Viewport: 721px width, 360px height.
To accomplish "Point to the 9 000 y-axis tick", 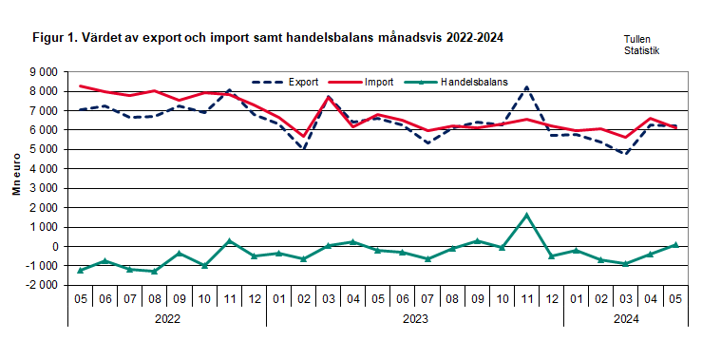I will [x=42, y=71].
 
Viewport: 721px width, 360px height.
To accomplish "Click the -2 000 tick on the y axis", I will [x=40, y=285].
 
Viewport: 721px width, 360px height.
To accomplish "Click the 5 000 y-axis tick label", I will [x=42, y=149].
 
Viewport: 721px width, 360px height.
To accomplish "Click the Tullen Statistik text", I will [x=641, y=45].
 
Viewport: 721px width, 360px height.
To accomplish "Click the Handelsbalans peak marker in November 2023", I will [x=526, y=215].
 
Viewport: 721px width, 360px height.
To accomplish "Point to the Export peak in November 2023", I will [x=526, y=87].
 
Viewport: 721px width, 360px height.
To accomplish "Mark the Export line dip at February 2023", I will [x=304, y=148].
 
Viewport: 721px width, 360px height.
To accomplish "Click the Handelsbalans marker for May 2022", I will [x=81, y=271].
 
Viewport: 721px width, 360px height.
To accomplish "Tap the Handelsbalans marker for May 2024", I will [x=674, y=244].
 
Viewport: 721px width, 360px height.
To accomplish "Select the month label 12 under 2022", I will [x=254, y=298].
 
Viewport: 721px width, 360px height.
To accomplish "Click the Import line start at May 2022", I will [x=81, y=85].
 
